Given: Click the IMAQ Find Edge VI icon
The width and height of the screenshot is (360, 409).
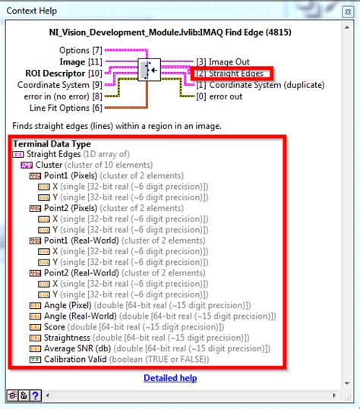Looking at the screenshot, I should pos(149,71).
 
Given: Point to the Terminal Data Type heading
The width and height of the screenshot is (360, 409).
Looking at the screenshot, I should pos(51,143).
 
